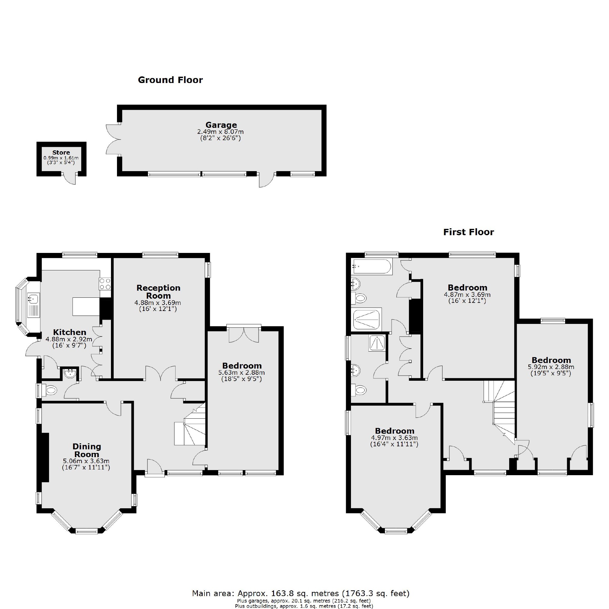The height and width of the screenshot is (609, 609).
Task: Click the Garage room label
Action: click(x=221, y=125)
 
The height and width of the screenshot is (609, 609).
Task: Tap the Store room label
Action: click(x=61, y=152)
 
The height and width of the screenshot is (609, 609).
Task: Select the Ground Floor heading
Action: click(x=170, y=80)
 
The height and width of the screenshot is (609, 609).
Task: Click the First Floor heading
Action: click(x=469, y=232)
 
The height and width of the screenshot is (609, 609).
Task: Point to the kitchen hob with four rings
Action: click(x=105, y=284)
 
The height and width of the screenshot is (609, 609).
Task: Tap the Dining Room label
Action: click(x=86, y=450)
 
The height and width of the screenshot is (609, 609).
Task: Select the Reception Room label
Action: click(x=158, y=292)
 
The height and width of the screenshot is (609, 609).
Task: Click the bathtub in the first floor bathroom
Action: click(x=372, y=267)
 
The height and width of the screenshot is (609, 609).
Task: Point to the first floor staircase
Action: click(x=502, y=410)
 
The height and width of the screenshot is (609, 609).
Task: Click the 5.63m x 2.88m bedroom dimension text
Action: click(x=241, y=373)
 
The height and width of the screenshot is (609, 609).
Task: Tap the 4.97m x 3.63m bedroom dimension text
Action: click(x=394, y=438)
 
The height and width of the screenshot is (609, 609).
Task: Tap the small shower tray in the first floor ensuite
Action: click(x=377, y=343)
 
